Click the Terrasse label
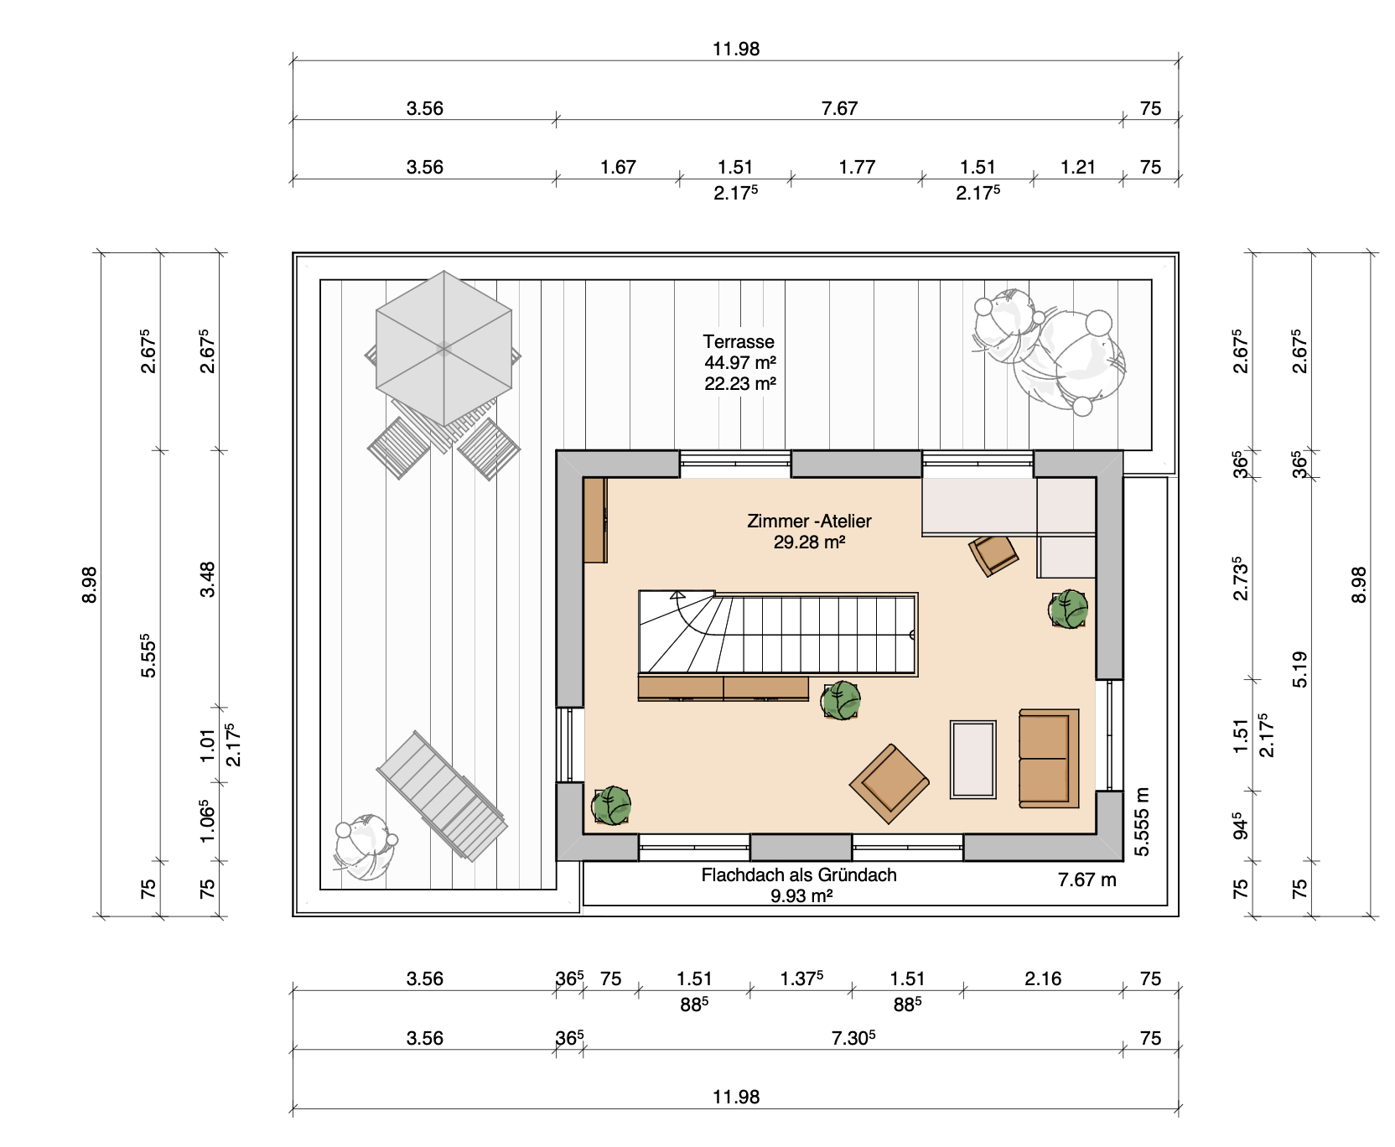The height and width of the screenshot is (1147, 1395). point(739,341)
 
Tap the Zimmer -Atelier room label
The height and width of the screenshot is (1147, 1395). point(809,521)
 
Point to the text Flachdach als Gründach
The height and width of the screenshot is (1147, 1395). point(799,875)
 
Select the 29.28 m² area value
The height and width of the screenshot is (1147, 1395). point(809,542)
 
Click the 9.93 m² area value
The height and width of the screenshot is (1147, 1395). point(801,895)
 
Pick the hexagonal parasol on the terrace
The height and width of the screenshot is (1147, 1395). point(443,348)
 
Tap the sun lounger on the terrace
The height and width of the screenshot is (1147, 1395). point(442,797)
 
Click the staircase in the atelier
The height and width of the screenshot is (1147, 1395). point(778,633)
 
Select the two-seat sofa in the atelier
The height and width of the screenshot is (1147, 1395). point(1049,759)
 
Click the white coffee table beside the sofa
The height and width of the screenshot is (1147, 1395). point(973,760)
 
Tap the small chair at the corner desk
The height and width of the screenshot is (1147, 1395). point(994,555)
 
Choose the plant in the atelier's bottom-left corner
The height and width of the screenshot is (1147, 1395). point(611,806)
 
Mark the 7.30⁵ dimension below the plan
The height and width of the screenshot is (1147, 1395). point(853,1038)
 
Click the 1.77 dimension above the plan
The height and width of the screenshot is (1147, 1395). point(857,167)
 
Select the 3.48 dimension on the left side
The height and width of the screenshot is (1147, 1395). point(207,579)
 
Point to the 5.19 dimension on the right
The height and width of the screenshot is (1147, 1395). point(1299,669)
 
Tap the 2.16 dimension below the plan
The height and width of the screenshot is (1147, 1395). point(1043,978)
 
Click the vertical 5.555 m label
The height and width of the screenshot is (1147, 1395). point(1142,822)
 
